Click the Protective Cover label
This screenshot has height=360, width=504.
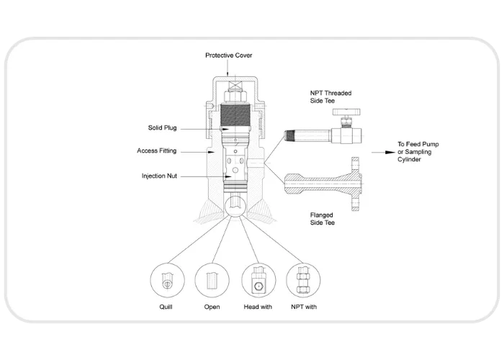point(228,55)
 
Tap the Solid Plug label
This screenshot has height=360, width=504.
point(162,128)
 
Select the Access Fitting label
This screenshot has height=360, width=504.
point(156,150)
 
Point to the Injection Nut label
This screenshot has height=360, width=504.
point(159,176)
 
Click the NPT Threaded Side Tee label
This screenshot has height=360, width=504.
point(330,96)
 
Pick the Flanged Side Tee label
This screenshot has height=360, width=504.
point(322,219)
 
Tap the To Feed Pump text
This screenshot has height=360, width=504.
point(418,144)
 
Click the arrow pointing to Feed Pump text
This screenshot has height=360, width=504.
point(383,153)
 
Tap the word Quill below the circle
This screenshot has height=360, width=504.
point(166,307)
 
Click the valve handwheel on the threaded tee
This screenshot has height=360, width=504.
point(346,112)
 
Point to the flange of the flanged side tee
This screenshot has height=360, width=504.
point(355,184)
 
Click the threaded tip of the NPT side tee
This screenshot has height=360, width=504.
point(289,135)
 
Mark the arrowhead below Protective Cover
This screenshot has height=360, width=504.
point(228,73)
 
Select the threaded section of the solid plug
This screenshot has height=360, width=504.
point(235,114)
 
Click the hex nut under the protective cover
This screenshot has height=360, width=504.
point(235,96)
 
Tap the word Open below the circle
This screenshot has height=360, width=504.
point(212,307)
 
